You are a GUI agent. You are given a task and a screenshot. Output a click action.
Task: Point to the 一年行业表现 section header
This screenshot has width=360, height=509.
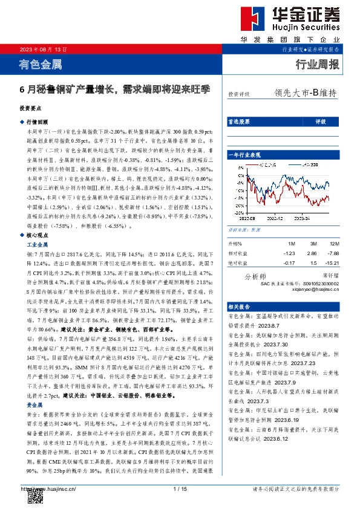coord(243,155)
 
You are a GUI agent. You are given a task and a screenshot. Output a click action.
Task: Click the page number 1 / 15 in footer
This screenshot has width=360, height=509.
coord(179,488)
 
